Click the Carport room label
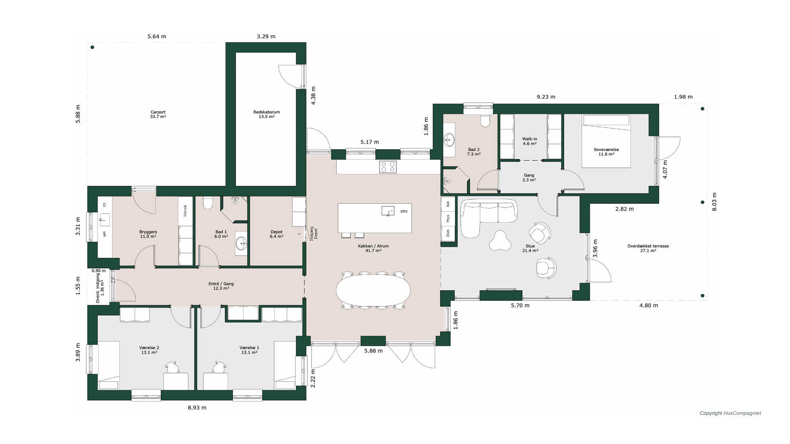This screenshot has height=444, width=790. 158,112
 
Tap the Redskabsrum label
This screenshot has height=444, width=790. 267,112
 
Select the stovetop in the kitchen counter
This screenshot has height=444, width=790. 388,166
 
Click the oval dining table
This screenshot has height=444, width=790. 373,290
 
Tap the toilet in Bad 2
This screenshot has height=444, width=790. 486,120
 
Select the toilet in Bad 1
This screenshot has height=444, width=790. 208,203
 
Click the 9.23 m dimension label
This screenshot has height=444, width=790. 546,97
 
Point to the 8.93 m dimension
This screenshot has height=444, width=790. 197,408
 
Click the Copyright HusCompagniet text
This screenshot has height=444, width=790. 730,413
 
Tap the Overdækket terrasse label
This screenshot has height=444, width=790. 648,246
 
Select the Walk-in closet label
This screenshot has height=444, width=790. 530,139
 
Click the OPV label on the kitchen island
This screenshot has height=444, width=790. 404,212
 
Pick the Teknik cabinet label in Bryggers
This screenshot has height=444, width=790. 185,211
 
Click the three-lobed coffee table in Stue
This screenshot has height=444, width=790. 500,240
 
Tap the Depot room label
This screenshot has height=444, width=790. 276,232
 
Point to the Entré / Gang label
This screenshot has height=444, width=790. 221,284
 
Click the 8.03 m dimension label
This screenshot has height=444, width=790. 714,202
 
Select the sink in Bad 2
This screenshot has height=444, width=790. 449,140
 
